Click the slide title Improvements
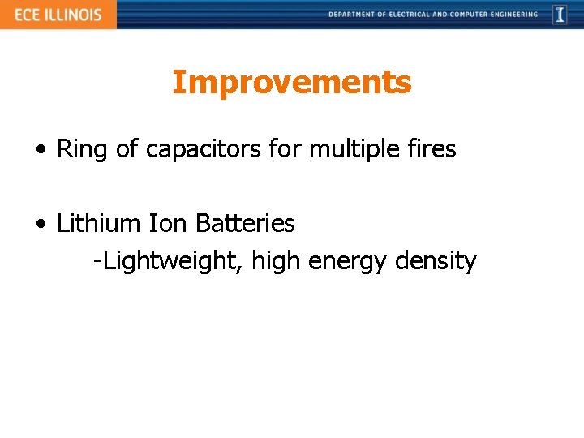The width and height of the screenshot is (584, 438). [292, 82]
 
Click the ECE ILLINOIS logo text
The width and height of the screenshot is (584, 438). [58, 15]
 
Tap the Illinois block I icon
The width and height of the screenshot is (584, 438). [560, 15]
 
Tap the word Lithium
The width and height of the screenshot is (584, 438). [99, 222]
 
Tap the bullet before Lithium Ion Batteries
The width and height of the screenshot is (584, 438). [41, 224]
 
